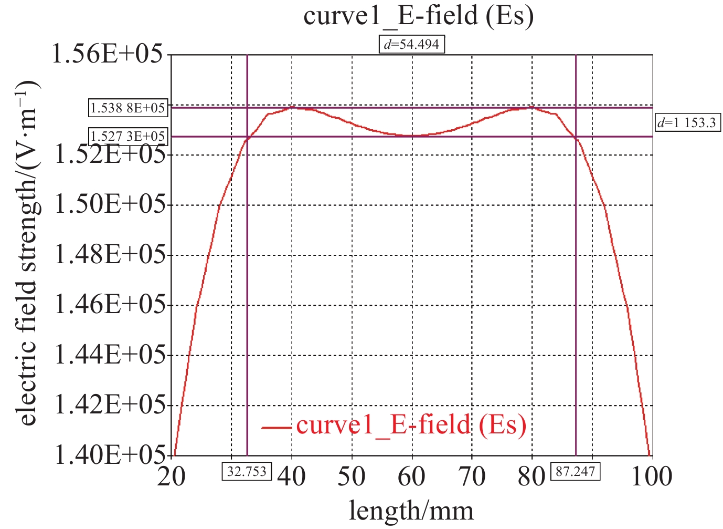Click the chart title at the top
[418, 16]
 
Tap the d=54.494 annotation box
[412, 44]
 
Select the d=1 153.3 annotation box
[687, 123]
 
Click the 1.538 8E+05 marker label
[128, 108]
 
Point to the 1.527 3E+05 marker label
[128, 137]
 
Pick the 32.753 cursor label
[247, 471]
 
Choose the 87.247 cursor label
[575, 471]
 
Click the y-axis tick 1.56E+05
[107, 54]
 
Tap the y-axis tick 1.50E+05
[110, 204]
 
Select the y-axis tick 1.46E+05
[110, 305]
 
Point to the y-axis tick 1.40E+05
[110, 455]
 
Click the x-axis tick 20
[172, 477]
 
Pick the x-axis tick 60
[412, 477]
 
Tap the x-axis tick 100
[652, 477]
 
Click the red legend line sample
[276, 427]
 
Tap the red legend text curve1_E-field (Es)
[411, 425]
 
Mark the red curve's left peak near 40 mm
[292, 107]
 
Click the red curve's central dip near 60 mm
[412, 136]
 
